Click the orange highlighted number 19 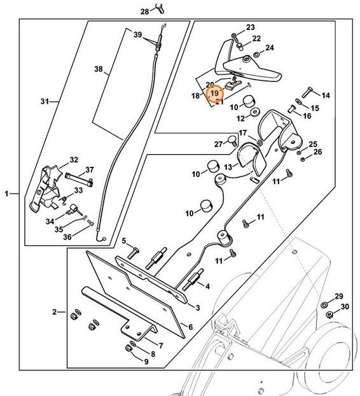(215, 93)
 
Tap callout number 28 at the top (144, 11)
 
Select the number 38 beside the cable (99, 69)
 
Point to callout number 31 (45, 101)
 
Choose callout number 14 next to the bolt (326, 95)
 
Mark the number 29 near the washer (338, 297)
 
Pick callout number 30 (345, 307)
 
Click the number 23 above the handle (250, 27)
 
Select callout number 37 (90, 169)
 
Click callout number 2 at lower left (55, 312)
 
